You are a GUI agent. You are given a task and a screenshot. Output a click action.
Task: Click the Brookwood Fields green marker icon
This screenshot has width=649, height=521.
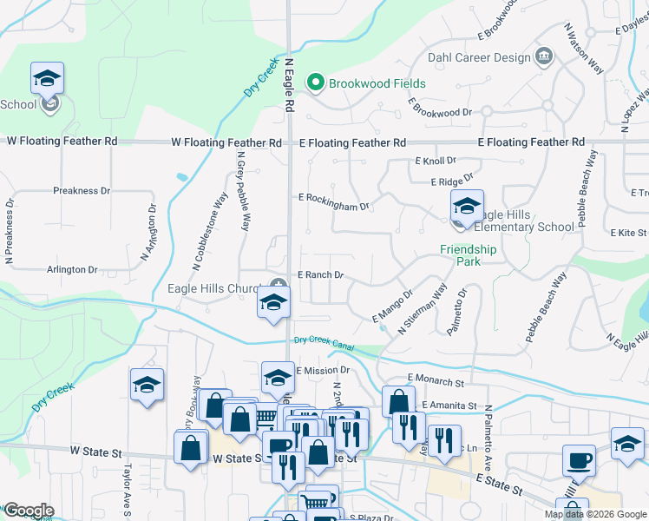[x=316, y=83]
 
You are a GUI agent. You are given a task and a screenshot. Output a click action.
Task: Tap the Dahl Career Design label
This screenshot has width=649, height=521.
[x=478, y=58]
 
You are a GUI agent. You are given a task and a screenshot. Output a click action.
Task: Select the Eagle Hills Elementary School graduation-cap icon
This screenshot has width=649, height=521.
[x=466, y=208]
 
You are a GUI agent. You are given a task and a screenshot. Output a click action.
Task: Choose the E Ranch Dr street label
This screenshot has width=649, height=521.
[x=321, y=275]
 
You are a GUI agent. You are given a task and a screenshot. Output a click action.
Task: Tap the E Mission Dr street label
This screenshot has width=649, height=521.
[x=322, y=370]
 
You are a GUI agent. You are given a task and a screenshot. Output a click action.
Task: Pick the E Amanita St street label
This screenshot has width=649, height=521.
[x=449, y=406]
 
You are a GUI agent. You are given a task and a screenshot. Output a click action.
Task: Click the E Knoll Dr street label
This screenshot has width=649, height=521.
[x=436, y=162]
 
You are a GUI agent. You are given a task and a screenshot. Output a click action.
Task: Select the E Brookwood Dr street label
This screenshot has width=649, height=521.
[x=442, y=113]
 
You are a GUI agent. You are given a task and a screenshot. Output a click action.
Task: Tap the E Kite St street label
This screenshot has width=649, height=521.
[x=629, y=233]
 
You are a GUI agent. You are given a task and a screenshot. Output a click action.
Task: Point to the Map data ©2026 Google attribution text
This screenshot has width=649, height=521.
[x=594, y=514]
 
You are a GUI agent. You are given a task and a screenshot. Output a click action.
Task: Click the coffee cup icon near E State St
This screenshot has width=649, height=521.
[x=579, y=460]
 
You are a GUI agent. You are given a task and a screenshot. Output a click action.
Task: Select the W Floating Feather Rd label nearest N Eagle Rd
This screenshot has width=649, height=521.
[x=226, y=142]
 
